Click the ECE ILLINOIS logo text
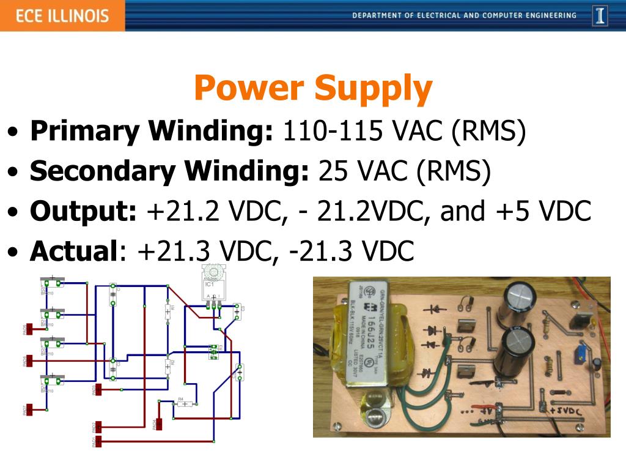tap(62, 15)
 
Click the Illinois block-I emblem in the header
tap(600, 15)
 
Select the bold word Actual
tap(73, 250)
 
